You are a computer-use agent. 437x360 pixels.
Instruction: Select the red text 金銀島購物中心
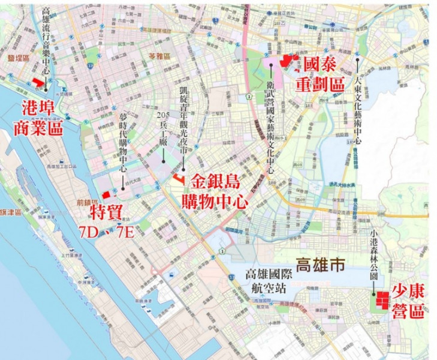[219, 191]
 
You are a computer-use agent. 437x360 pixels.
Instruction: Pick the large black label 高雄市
[320, 265]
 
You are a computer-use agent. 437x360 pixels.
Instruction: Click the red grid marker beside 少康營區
[381, 301]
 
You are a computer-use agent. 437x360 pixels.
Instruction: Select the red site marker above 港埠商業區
[39, 82]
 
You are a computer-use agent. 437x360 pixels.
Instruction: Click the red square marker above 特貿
[106, 194]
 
